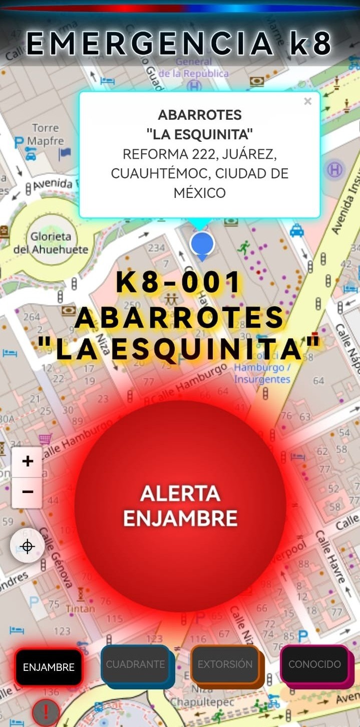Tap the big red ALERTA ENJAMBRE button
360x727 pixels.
click(x=180, y=506)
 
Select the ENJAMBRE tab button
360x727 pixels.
click(x=49, y=667)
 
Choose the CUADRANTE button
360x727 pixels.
click(x=135, y=664)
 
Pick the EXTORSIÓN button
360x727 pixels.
click(x=225, y=664)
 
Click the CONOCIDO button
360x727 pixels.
click(x=314, y=664)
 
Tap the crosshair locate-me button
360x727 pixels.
click(x=28, y=546)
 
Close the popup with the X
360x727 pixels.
click(x=307, y=102)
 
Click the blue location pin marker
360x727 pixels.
click(x=202, y=245)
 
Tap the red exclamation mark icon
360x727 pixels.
click(x=46, y=712)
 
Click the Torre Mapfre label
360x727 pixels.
click(x=45, y=134)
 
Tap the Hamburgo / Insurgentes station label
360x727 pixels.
click(x=262, y=373)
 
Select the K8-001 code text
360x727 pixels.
click(x=179, y=283)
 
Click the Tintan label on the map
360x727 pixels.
click(x=80, y=609)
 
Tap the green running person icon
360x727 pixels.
click(x=244, y=247)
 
